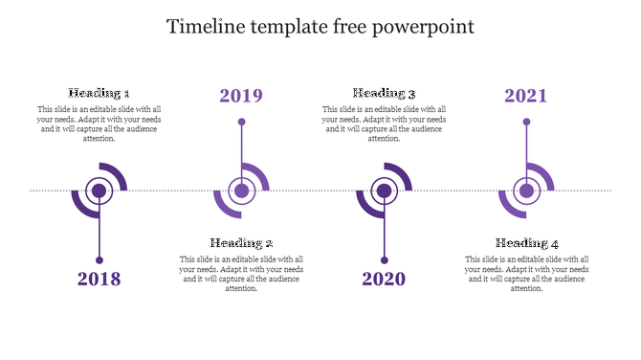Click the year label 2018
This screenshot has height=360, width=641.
click(x=99, y=280)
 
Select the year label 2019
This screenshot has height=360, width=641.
click(x=241, y=96)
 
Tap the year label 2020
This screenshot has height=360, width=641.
click(x=384, y=280)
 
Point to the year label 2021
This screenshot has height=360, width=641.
click(x=526, y=96)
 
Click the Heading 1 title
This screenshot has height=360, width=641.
click(x=99, y=93)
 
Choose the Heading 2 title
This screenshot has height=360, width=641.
click(x=242, y=243)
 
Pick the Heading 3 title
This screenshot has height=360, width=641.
click(x=384, y=93)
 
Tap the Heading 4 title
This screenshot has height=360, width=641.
click(x=527, y=243)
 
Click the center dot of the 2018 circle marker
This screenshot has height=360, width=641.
click(x=99, y=191)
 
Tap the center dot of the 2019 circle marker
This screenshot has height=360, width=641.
click(x=241, y=191)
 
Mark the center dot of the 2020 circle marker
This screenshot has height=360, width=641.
click(x=384, y=191)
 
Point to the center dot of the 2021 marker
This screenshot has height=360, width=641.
click(x=526, y=191)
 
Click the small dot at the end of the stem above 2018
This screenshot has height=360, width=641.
click(x=99, y=259)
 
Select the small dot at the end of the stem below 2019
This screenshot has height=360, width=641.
click(x=241, y=122)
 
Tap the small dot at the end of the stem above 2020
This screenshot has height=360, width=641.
click(x=384, y=259)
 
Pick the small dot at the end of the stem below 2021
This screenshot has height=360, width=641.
click(x=526, y=122)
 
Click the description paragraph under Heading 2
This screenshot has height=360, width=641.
click(x=242, y=274)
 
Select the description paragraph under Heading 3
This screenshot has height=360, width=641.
click(x=384, y=124)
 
